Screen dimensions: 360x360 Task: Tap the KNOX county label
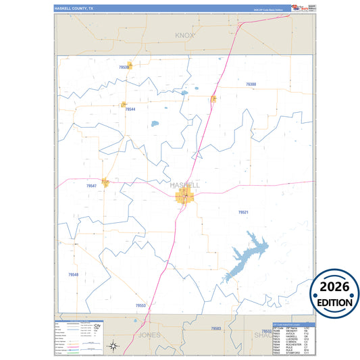(184, 34)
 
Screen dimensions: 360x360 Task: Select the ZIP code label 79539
(123, 68)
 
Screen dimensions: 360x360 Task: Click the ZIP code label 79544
(130, 109)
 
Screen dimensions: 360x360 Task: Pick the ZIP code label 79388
(251, 84)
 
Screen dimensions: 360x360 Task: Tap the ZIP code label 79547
(92, 186)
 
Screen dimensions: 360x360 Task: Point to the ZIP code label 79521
(243, 212)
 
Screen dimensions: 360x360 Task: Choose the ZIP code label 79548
(73, 274)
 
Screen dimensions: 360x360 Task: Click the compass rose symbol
(114, 346)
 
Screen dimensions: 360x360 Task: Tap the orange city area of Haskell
(184, 197)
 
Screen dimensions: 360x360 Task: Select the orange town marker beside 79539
(128, 66)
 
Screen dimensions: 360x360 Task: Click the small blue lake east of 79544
(155, 124)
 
